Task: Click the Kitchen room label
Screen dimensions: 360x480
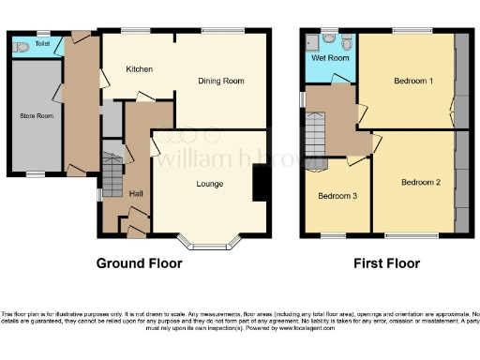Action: [x=140, y=69]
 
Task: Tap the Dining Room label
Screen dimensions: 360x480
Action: [x=221, y=82]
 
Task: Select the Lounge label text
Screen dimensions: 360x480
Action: [x=209, y=184]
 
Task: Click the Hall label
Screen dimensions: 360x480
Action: [x=136, y=194]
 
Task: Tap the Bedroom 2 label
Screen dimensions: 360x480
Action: [x=420, y=182]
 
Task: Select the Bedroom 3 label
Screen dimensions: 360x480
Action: [x=336, y=197]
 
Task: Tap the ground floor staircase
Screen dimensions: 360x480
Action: [x=112, y=173]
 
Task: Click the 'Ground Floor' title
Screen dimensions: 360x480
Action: [x=140, y=263]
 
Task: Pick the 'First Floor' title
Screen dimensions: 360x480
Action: [x=386, y=263]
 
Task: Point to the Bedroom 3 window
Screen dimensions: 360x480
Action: [x=334, y=234]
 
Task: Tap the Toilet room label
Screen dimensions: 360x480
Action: [x=42, y=43]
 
